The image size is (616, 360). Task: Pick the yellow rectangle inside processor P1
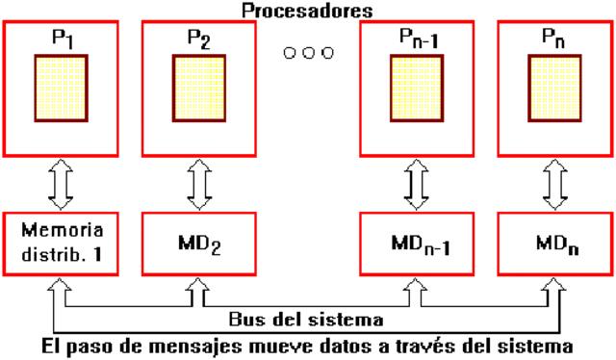[63, 89]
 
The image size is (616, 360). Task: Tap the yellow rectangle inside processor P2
[199, 89]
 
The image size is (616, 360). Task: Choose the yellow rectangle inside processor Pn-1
[418, 89]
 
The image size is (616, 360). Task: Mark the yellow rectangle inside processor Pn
[555, 89]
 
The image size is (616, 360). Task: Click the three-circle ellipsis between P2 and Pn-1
[308, 52]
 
